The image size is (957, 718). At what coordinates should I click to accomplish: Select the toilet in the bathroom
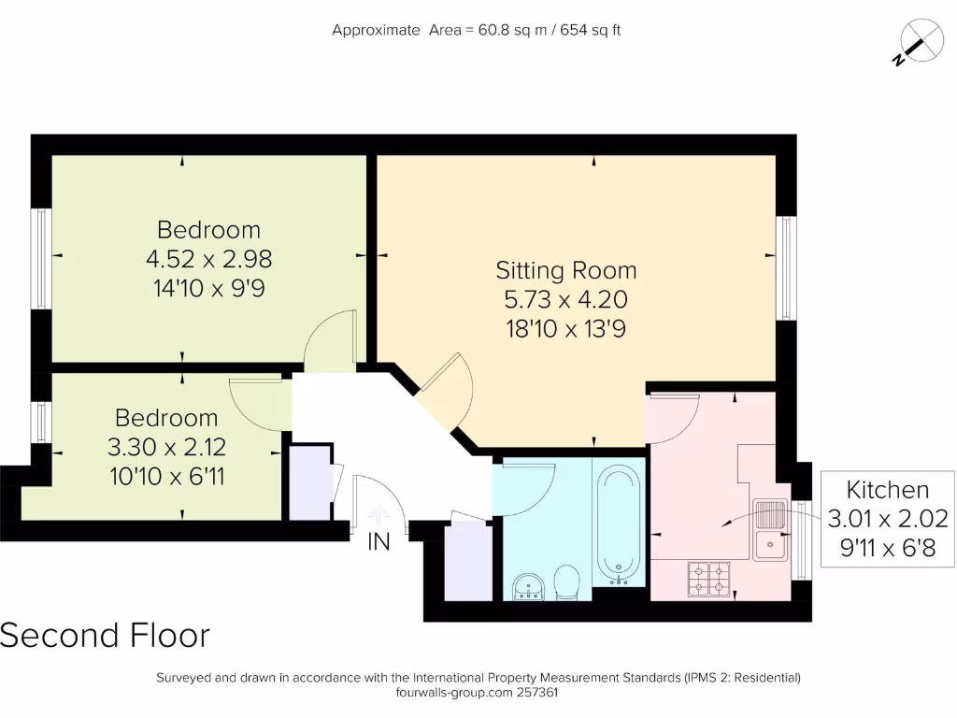[567, 582]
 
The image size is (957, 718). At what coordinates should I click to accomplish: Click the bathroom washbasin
[528, 587]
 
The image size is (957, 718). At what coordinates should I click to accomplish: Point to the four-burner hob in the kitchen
[708, 579]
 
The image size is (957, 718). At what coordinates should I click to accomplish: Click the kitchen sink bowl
[770, 545]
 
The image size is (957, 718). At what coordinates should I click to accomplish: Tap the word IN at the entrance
[379, 541]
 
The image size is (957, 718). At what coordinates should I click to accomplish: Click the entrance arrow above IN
[379, 516]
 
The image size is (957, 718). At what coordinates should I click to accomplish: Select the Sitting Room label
[565, 270]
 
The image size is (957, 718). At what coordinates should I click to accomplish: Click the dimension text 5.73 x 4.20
[565, 300]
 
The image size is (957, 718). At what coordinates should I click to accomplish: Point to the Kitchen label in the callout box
[888, 490]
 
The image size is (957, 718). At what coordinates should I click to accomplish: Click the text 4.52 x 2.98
[208, 259]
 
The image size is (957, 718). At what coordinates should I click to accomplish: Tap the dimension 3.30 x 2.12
[166, 447]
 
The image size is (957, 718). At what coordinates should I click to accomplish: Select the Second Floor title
[105, 635]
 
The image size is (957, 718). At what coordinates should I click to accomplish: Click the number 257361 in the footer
[537, 693]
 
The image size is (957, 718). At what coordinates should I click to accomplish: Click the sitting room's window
[786, 268]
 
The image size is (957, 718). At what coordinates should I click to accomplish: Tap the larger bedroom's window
[41, 259]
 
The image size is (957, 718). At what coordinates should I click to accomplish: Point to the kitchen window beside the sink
[802, 539]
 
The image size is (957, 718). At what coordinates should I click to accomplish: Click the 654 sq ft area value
[591, 30]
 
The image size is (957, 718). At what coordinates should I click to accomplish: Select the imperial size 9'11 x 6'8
[888, 548]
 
